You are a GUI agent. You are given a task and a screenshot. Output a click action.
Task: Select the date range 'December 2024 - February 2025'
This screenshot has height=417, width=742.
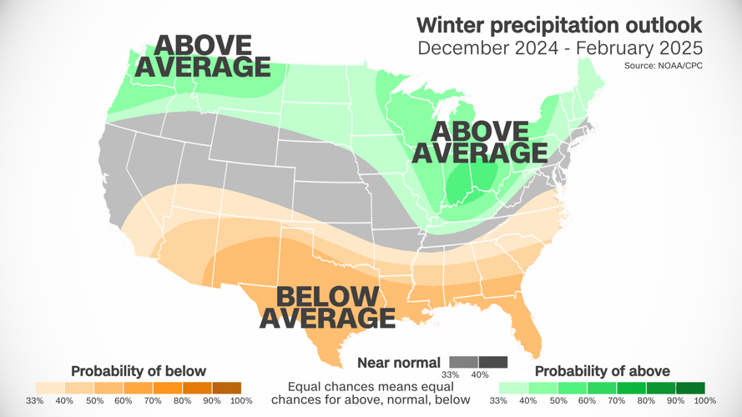[x=559, y=47]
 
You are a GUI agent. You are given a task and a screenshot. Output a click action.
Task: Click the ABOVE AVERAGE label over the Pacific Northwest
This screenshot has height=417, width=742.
[x=204, y=55]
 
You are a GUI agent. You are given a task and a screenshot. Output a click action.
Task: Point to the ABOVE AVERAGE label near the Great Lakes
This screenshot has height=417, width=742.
[x=480, y=142]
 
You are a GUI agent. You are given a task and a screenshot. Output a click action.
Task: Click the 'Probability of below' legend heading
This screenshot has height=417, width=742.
[x=139, y=370]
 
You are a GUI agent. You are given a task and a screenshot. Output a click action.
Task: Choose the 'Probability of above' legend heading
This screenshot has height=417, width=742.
[x=602, y=370]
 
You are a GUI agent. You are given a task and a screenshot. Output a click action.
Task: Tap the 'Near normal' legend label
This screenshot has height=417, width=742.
[x=398, y=362]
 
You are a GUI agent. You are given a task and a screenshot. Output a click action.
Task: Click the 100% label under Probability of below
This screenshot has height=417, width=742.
[x=241, y=401]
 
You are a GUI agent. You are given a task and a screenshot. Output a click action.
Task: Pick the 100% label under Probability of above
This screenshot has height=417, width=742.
[x=704, y=401]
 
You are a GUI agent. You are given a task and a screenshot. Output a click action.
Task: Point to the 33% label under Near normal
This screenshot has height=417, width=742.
[x=451, y=374]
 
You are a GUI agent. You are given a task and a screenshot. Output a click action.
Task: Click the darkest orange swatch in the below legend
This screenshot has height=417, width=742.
[x=226, y=388]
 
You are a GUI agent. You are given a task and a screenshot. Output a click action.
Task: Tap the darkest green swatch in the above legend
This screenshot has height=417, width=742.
[x=689, y=388]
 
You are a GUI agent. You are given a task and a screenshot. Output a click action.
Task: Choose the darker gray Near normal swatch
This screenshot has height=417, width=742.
[x=492, y=362]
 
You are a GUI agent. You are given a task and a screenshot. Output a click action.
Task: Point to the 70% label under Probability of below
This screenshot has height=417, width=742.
[x=153, y=401]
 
